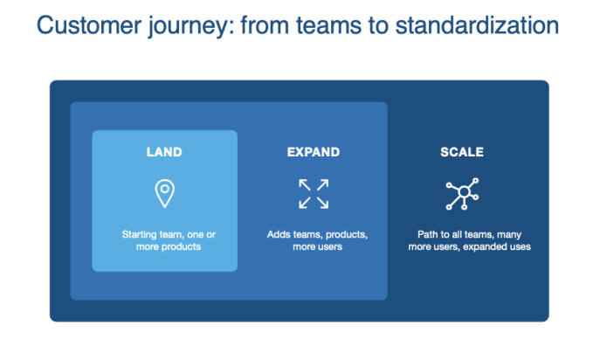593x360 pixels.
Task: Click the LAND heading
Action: [164, 152]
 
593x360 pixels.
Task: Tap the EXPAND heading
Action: [314, 152]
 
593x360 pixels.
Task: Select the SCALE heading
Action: [462, 152]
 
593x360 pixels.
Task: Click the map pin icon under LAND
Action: [164, 193]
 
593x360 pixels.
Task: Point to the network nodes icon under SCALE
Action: [462, 194]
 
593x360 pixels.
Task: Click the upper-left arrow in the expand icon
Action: [305, 184]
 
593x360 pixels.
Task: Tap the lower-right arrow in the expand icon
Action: [322, 203]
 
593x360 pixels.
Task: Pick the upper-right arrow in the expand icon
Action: [322, 184]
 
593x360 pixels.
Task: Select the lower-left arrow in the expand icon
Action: [305, 203]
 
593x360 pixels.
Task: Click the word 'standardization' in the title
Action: [477, 25]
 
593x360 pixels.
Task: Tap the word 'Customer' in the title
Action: [89, 25]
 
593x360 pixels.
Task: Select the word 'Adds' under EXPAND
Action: [277, 234]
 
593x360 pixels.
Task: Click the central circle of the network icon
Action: [464, 192]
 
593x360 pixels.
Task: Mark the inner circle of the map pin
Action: [164, 189]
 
